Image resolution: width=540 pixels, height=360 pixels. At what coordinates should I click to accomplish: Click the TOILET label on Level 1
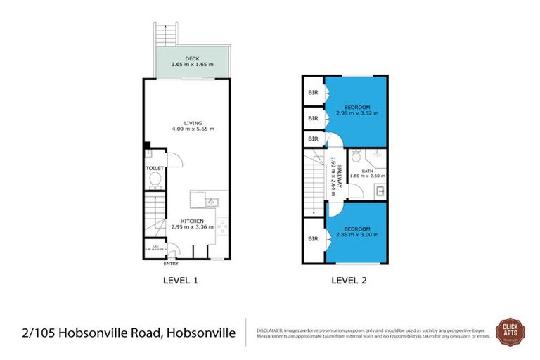click(154, 169)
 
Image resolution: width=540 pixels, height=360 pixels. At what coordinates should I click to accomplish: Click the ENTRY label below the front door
click(171, 264)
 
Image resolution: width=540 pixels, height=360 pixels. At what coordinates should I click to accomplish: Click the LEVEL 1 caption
click(181, 280)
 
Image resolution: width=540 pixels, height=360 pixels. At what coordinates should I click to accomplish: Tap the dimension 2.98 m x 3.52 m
click(356, 112)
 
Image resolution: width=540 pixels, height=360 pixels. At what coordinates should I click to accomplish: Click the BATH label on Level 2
click(367, 171)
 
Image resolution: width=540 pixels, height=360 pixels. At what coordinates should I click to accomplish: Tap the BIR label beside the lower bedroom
click(313, 239)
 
